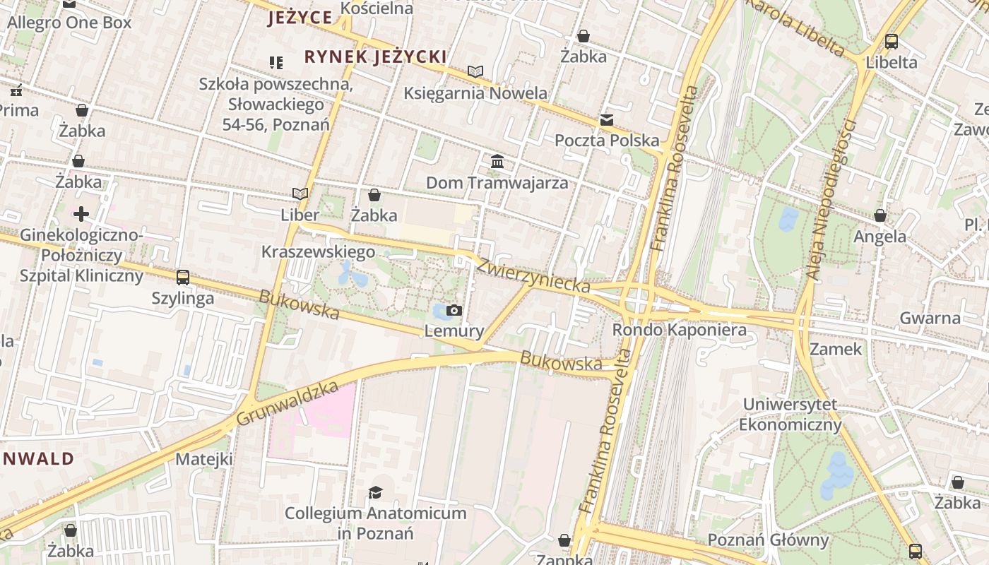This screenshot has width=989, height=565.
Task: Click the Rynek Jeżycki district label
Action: pyautogui.click(x=375, y=56)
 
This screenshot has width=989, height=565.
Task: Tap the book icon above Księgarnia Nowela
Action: pyautogui.click(x=475, y=71)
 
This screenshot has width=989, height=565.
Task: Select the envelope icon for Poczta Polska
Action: pyautogui.click(x=606, y=120)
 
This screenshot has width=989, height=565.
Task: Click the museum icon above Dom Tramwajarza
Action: pyautogui.click(x=497, y=162)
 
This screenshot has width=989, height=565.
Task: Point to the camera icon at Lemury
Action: pyautogui.click(x=454, y=310)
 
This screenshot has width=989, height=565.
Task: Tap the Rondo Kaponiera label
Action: pyautogui.click(x=679, y=330)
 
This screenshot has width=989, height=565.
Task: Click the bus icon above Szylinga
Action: pyautogui.click(x=183, y=277)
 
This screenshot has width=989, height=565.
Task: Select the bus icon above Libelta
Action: pyautogui.click(x=891, y=41)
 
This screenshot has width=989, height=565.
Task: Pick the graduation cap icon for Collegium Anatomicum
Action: pyautogui.click(x=375, y=492)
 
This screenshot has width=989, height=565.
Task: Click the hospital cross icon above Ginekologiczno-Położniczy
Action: pyautogui.click(x=81, y=213)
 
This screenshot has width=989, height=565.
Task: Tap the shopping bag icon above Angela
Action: pyautogui.click(x=880, y=215)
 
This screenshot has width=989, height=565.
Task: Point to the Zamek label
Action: pyautogui.click(x=836, y=349)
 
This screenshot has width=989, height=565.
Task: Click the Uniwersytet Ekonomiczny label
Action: pyautogui.click(x=790, y=415)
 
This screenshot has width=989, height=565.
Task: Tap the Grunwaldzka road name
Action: pyautogui.click(x=288, y=403)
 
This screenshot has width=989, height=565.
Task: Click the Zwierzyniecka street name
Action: pyautogui.click(x=533, y=275)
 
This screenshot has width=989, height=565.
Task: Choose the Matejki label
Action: pyautogui.click(x=204, y=459)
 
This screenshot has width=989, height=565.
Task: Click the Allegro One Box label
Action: pyautogui.click(x=69, y=23)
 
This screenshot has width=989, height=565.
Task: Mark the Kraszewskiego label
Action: pyautogui.click(x=318, y=252)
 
